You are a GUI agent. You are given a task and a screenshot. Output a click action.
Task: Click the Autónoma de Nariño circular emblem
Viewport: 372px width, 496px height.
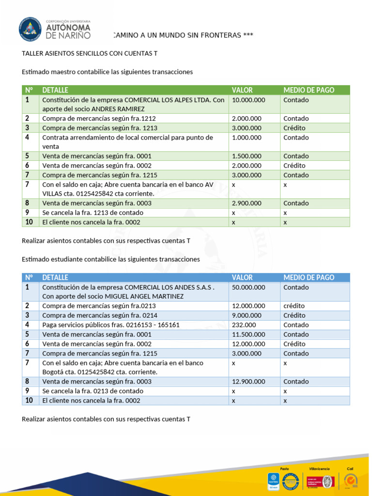click(x=31, y=29)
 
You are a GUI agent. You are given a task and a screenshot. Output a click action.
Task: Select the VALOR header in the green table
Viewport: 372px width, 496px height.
click(x=242, y=90)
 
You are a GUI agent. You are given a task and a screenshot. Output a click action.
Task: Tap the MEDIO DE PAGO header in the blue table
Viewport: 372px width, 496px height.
click(x=309, y=278)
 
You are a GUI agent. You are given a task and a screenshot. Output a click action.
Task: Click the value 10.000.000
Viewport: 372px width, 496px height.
click(x=248, y=100)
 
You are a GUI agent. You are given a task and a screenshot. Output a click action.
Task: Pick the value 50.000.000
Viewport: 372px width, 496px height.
click(x=248, y=287)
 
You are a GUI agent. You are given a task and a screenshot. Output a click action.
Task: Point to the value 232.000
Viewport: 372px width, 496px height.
click(x=244, y=325)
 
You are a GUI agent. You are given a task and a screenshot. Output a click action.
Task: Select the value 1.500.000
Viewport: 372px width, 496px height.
click(x=247, y=156)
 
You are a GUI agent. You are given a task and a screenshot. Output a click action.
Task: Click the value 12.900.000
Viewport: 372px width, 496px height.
click(x=248, y=381)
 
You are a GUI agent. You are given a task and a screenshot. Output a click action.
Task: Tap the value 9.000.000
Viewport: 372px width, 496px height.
click(x=247, y=315)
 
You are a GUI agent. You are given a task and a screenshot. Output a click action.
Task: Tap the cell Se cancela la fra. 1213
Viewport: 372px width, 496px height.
click(x=93, y=213)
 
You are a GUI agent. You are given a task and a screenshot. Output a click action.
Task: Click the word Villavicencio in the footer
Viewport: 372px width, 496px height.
click(x=319, y=469)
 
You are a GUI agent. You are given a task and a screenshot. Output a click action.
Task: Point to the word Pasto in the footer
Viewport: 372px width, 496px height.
click(x=284, y=469)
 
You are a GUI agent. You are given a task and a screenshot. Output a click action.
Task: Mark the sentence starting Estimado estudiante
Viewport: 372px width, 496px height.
click(x=111, y=259)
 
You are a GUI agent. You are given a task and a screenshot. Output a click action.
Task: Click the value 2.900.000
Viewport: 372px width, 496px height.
click(x=247, y=203)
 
